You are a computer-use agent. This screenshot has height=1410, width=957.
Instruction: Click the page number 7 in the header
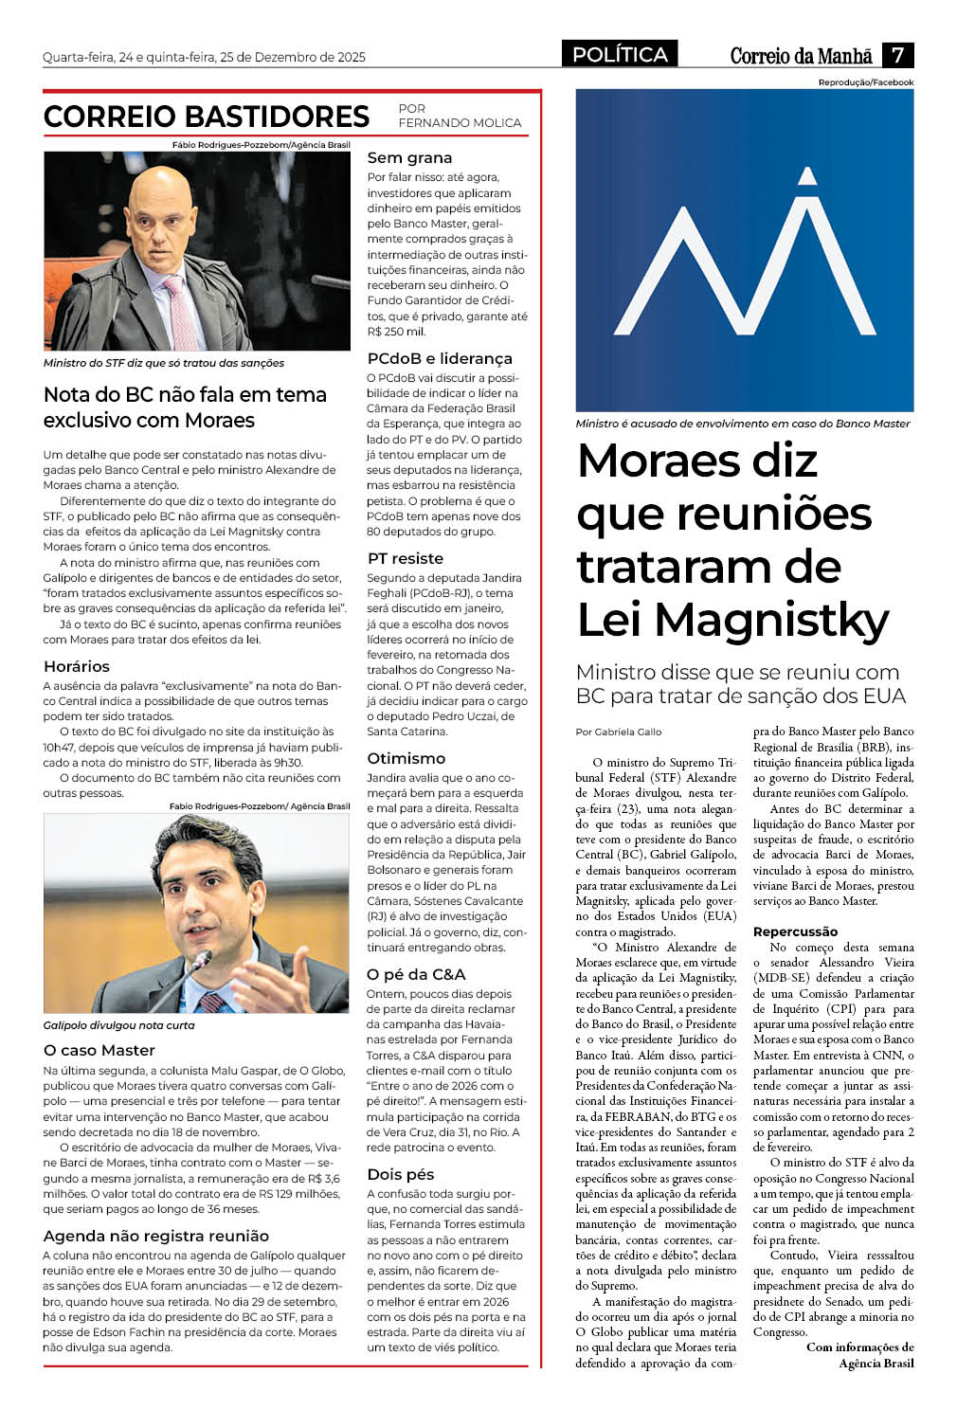pyautogui.click(x=896, y=55)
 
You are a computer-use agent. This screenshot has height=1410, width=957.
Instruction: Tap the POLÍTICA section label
pyautogui.click(x=620, y=55)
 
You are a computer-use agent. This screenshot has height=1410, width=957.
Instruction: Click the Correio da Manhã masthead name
pyautogui.click(x=801, y=56)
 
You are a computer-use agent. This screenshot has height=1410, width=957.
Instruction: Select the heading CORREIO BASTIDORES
pyautogui.click(x=206, y=117)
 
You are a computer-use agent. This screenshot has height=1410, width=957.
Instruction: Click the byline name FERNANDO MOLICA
pyautogui.click(x=460, y=123)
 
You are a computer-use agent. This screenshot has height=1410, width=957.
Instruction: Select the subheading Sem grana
pyautogui.click(x=409, y=158)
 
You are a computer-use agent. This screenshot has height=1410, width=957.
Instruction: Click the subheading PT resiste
pyautogui.click(x=405, y=558)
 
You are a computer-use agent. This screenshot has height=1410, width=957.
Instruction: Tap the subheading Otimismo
pyautogui.click(x=406, y=758)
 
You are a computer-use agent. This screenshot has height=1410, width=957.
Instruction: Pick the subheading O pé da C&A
pyautogui.click(x=416, y=974)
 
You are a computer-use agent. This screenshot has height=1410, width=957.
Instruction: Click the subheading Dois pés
pyautogui.click(x=400, y=1174)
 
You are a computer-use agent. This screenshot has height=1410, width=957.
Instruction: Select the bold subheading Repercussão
pyautogui.click(x=795, y=931)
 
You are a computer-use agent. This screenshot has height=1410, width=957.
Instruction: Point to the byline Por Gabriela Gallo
pyautogui.click(x=618, y=732)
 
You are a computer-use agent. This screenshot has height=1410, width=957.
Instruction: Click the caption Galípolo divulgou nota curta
pyautogui.click(x=118, y=1025)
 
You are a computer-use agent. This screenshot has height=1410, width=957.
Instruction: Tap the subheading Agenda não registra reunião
pyautogui.click(x=156, y=1236)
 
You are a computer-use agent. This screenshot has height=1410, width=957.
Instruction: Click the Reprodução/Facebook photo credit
pyautogui.click(x=865, y=83)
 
